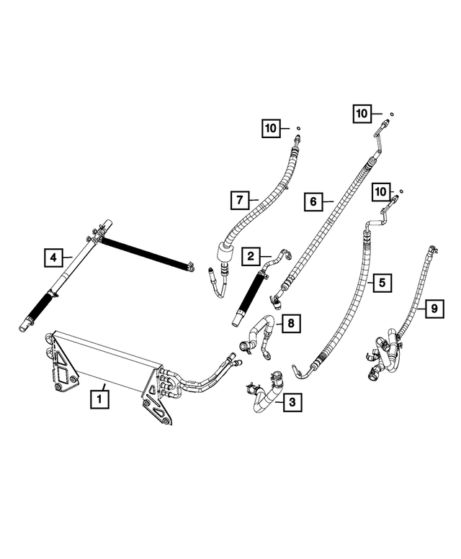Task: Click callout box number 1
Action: click(99, 397)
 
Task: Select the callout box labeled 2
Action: click(251, 255)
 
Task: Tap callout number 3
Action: click(290, 402)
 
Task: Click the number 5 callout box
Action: click(382, 282)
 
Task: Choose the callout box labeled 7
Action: click(240, 199)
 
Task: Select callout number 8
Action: click(290, 324)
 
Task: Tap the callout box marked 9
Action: click(434, 309)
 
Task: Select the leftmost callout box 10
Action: click(272, 129)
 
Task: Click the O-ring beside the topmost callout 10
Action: click(390, 113)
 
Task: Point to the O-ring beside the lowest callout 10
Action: click(401, 191)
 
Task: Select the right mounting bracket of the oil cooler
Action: click(157, 401)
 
